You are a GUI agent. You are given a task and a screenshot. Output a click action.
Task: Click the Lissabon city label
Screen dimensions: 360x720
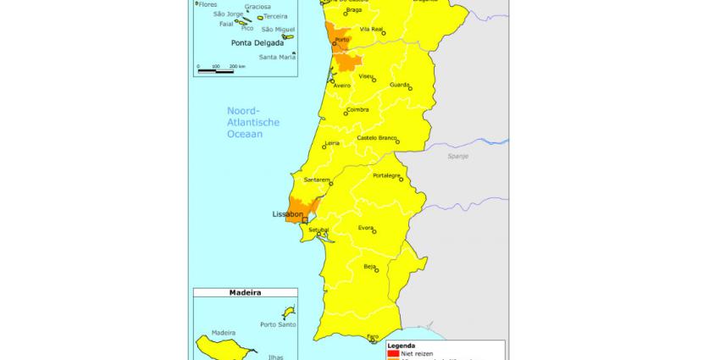click(x=287, y=214)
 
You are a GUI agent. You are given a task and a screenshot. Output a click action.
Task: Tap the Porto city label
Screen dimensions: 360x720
click(x=342, y=40)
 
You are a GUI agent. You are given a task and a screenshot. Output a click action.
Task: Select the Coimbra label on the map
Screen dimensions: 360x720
click(x=357, y=110)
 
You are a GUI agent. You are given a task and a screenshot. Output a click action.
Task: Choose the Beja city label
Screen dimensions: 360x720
click(x=369, y=266)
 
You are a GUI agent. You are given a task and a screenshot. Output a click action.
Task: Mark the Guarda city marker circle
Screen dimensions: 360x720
click(x=409, y=86)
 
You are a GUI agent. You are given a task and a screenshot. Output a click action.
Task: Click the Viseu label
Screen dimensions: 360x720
click(x=366, y=76)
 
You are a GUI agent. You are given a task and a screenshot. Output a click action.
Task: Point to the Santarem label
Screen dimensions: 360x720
click(x=316, y=180)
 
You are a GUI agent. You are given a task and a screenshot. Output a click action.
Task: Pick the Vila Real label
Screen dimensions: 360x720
click(x=372, y=29)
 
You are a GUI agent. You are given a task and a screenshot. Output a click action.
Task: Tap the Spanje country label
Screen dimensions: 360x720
click(x=458, y=156)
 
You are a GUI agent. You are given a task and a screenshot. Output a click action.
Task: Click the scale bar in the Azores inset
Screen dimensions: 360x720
click(x=215, y=70)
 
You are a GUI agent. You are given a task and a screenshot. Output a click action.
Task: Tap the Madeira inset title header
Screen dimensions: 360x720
click(x=245, y=292)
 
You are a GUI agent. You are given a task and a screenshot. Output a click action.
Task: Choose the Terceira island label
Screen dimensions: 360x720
click(x=276, y=16)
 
